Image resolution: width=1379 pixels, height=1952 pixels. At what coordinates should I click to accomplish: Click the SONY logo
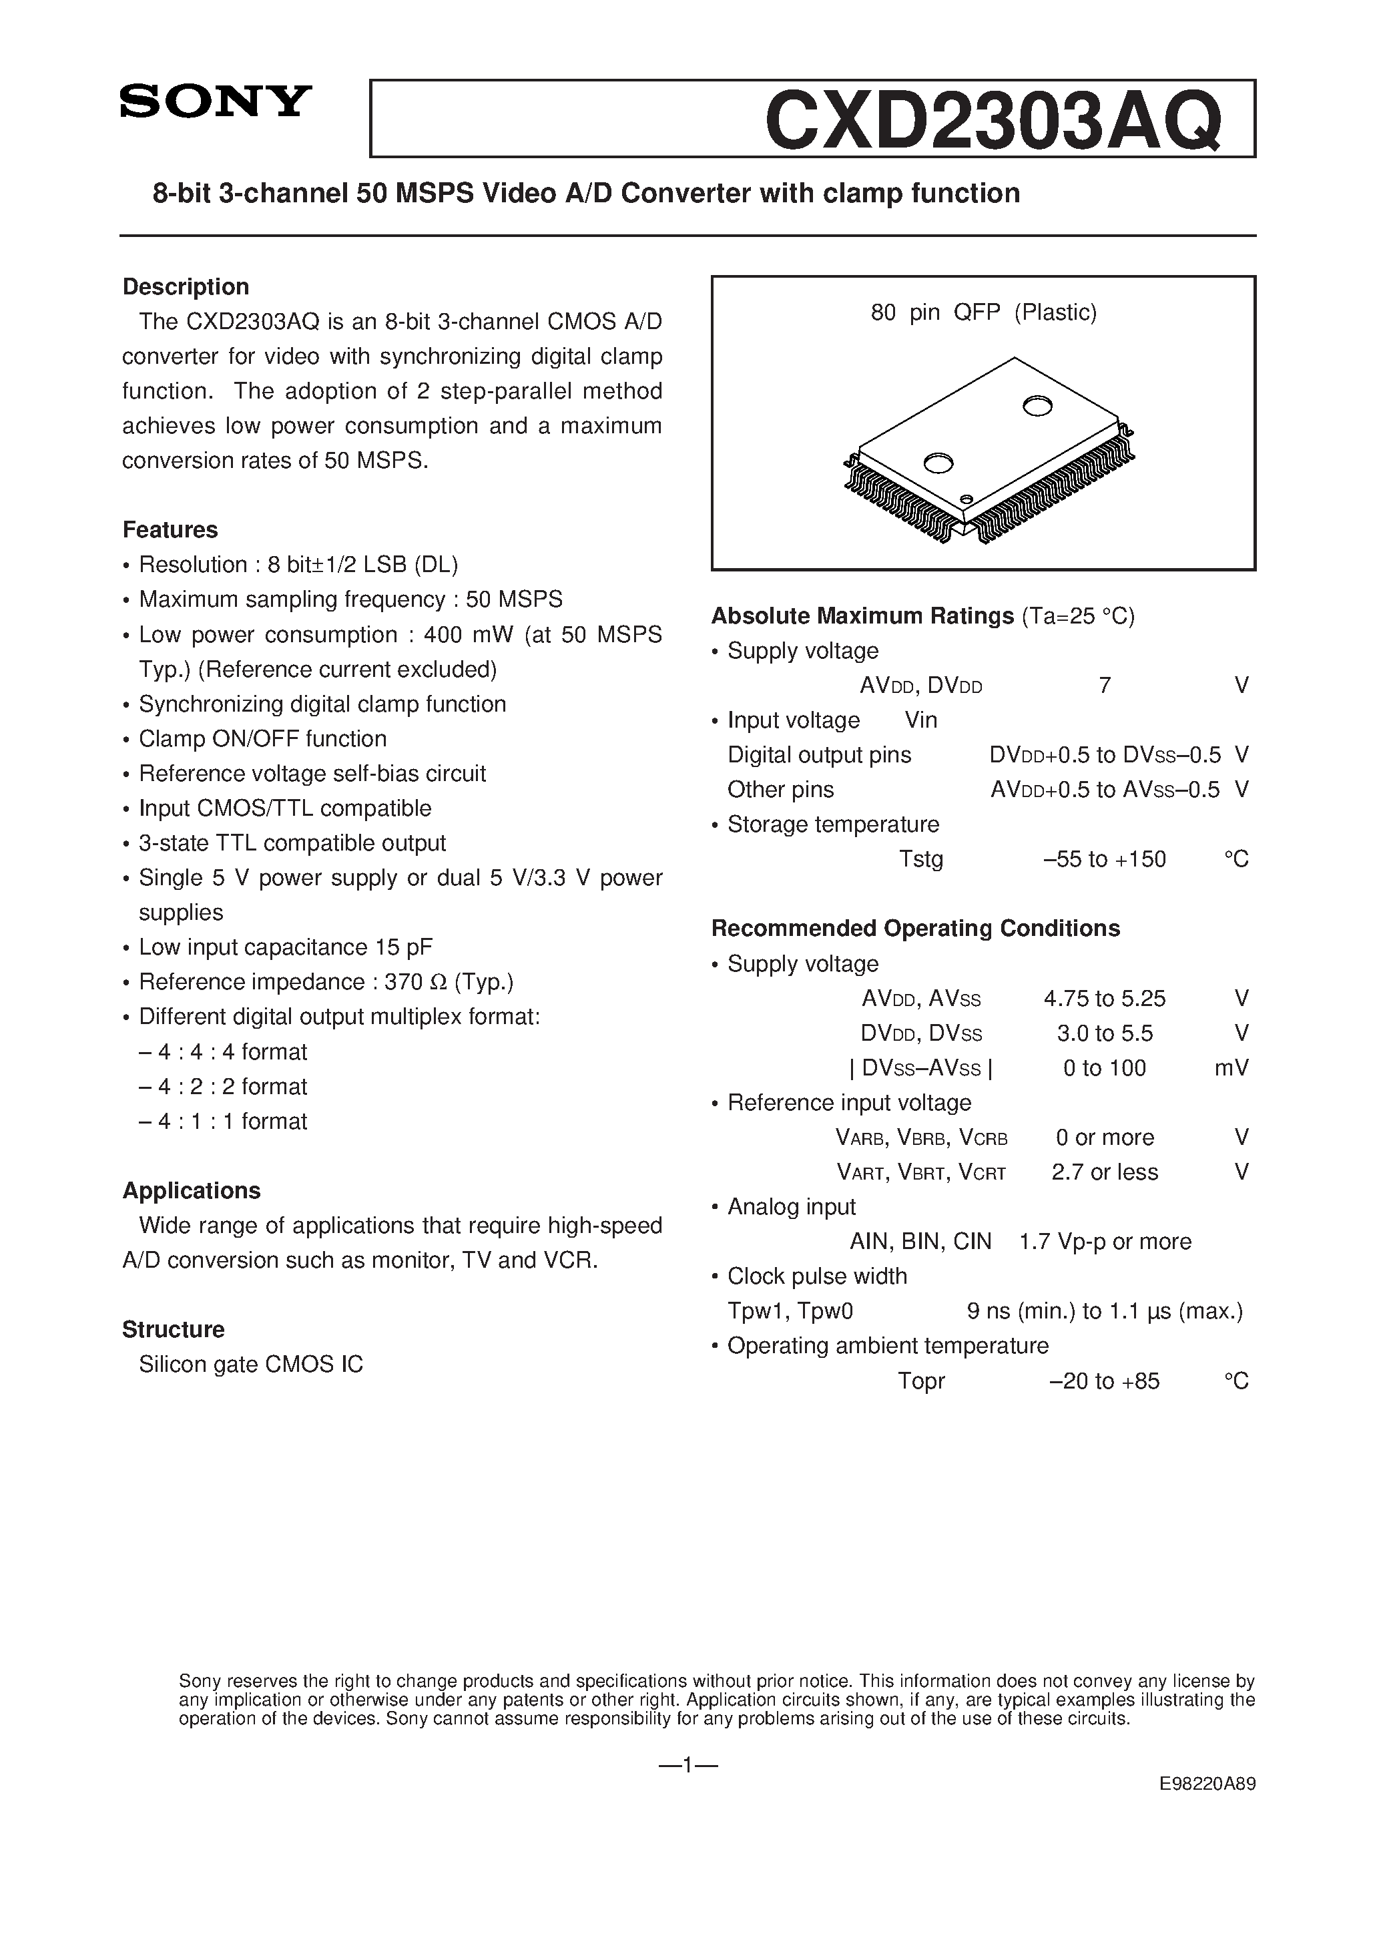(x=216, y=101)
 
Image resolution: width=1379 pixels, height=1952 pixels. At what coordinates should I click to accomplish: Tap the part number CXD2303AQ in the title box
(x=993, y=121)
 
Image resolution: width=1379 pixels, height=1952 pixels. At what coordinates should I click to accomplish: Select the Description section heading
(x=186, y=286)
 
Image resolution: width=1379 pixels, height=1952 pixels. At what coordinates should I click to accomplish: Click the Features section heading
(x=170, y=529)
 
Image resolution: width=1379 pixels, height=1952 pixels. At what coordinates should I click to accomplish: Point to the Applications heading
(x=192, y=1190)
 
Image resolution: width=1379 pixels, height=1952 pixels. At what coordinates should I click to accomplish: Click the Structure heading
(x=174, y=1329)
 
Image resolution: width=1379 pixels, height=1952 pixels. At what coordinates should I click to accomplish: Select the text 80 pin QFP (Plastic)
(x=984, y=313)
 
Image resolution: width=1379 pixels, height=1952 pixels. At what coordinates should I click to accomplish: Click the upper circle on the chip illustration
(x=1037, y=407)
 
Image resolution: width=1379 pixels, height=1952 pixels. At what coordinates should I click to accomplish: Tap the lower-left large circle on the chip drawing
(x=938, y=463)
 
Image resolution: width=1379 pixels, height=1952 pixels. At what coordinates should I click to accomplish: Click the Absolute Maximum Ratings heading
(x=862, y=616)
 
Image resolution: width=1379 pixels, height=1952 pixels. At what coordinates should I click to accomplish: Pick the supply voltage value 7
(x=1105, y=685)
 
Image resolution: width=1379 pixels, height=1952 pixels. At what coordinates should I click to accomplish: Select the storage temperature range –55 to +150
(x=1105, y=860)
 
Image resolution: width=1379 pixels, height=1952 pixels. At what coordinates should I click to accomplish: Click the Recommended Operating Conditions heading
(x=916, y=929)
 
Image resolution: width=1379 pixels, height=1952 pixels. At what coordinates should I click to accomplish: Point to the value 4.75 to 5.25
(x=1105, y=998)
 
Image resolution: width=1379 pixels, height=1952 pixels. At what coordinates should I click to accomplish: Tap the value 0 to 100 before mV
(x=1105, y=1068)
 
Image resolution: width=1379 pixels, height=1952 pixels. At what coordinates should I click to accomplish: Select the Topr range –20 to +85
(x=1105, y=1381)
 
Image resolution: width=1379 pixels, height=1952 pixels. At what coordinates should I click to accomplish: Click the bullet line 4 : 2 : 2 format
(x=223, y=1087)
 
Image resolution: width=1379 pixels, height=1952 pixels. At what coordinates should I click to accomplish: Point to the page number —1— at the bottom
(x=689, y=1766)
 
